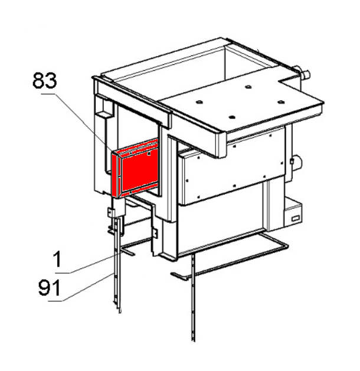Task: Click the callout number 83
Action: click(45, 81)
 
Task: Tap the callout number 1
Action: click(57, 260)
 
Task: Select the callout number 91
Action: click(50, 287)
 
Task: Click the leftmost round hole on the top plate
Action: click(199, 102)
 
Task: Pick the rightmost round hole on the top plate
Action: click(281, 101)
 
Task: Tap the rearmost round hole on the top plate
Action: click(248, 87)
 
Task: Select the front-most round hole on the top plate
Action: click(232, 117)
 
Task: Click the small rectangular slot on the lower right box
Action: click(296, 218)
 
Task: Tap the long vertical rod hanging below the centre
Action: click(194, 298)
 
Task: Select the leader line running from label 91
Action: click(80, 287)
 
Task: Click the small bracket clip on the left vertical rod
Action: click(111, 212)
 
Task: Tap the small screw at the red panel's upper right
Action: click(149, 154)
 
